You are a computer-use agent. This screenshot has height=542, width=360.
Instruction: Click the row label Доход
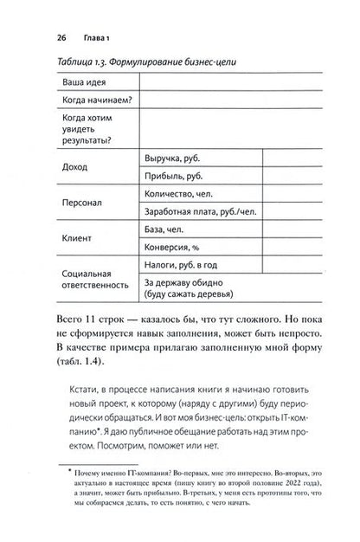[76, 166]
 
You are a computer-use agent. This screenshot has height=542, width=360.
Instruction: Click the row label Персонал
[83, 204]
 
